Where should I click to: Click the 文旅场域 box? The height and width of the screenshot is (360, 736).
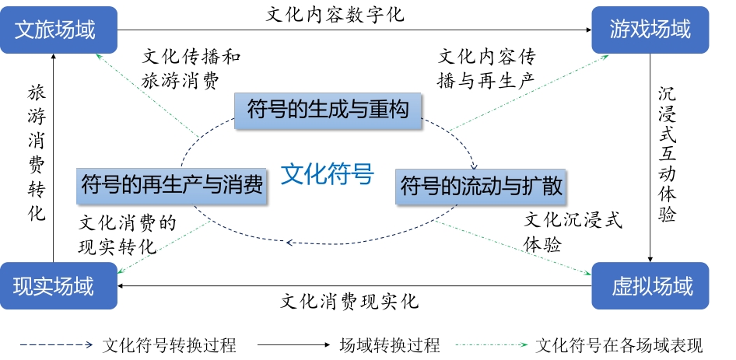(x=58, y=30)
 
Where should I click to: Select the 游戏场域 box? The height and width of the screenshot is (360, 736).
(x=650, y=30)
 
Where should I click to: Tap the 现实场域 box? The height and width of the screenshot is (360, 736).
(x=58, y=286)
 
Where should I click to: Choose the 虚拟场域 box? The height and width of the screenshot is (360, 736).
(x=650, y=286)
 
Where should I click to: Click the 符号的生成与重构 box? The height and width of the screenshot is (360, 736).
(x=328, y=110)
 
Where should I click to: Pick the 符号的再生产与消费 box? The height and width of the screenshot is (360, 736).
(x=171, y=186)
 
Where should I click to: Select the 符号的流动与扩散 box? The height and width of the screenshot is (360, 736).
(x=481, y=187)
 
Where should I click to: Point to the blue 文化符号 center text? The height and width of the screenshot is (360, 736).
(x=328, y=173)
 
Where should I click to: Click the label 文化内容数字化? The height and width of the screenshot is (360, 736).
(x=335, y=15)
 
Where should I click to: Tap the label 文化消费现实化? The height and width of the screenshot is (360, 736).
(x=349, y=301)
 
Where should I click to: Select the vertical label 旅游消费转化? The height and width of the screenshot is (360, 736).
(x=37, y=153)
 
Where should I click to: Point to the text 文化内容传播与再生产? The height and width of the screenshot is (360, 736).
(x=487, y=69)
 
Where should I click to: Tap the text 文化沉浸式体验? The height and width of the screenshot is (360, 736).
(x=573, y=232)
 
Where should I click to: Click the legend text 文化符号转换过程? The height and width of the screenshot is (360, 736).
(x=169, y=345)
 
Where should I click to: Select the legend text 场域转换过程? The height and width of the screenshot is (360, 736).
(x=390, y=345)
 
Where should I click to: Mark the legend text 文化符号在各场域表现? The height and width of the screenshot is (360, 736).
(x=619, y=345)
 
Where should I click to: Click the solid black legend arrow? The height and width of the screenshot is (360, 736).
(x=294, y=345)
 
